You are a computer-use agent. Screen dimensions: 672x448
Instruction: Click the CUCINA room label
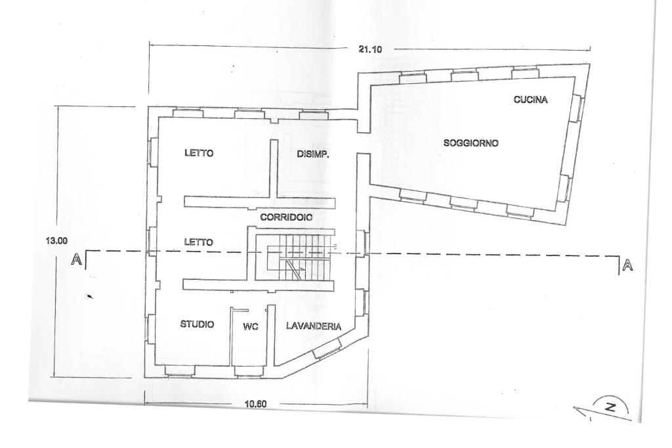pos(530,100)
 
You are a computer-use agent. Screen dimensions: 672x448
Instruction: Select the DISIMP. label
pos(312,155)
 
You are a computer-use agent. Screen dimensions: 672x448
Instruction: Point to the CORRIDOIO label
pos(285,216)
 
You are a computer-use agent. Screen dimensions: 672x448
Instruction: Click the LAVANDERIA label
pos(312,325)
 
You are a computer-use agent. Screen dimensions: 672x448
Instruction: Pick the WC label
pos(250,326)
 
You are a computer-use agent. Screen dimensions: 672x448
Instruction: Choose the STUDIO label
pos(197,324)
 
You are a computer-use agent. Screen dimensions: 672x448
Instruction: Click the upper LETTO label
pos(199,154)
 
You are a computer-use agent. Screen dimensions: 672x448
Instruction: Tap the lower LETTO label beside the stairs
pos(199,242)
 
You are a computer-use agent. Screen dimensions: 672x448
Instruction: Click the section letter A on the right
pos(627,265)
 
